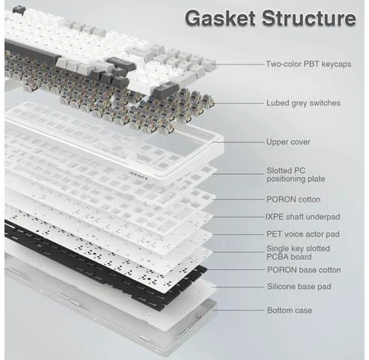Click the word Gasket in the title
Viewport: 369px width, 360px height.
click(220, 18)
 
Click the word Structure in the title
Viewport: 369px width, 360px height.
click(309, 18)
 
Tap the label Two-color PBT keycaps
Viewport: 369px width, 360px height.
click(308, 64)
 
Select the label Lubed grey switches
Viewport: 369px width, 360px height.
click(303, 103)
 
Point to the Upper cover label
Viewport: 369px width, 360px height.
click(288, 142)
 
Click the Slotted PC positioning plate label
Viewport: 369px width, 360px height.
click(296, 174)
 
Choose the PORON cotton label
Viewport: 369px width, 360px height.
click(293, 200)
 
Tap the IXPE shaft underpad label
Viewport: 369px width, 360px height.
click(303, 216)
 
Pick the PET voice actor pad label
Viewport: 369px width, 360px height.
click(303, 234)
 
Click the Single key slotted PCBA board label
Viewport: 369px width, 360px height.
click(298, 252)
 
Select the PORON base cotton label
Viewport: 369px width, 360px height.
click(304, 270)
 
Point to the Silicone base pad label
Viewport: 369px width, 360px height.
click(299, 287)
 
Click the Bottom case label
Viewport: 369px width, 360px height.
click(289, 310)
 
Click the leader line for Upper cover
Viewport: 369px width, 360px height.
click(238, 142)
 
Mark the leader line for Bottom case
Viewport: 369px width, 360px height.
click(238, 310)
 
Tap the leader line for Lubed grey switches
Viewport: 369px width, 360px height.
click(239, 103)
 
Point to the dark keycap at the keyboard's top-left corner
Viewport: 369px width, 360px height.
click(18, 9)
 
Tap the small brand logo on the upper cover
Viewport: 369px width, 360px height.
click(138, 178)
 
